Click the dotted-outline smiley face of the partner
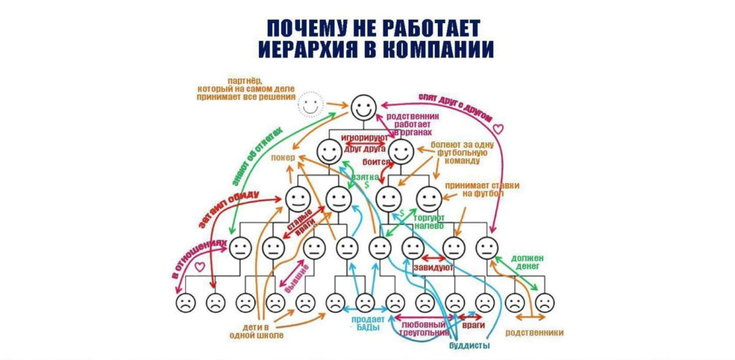click(x=311, y=104)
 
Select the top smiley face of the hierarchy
click(x=363, y=107)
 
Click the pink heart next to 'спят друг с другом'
click(x=498, y=130)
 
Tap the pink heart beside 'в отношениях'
click(x=200, y=267)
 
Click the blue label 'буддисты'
click(x=469, y=346)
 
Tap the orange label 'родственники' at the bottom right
click(x=534, y=332)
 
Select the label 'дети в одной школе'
click(x=256, y=331)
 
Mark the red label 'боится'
click(x=376, y=162)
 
